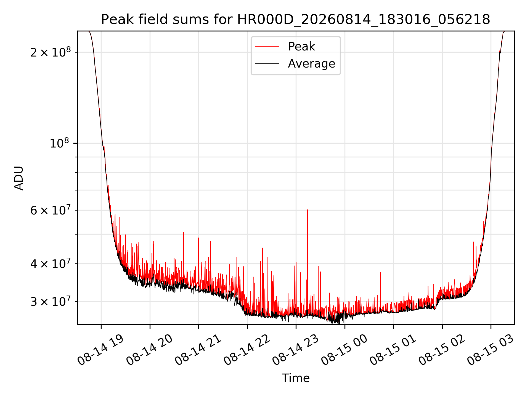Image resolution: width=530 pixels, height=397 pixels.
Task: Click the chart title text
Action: (296, 20)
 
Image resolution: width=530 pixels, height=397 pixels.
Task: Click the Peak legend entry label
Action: (301, 46)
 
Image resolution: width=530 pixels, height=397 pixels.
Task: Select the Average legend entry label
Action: (311, 64)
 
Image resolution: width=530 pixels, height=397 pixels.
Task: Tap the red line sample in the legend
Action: (267, 47)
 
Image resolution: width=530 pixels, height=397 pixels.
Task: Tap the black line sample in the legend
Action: (267, 64)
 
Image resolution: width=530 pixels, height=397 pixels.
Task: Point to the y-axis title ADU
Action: (19, 178)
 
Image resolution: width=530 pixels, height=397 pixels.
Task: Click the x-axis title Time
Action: (296, 378)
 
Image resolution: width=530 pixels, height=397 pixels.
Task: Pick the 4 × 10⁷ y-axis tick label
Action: (51, 263)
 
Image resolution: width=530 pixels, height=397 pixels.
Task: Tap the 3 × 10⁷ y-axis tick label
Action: (51, 301)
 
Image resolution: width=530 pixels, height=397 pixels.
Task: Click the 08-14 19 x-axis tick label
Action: (100, 350)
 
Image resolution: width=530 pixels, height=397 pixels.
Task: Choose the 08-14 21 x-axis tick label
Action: (198, 350)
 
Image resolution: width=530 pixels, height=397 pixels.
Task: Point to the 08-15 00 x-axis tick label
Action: (344, 350)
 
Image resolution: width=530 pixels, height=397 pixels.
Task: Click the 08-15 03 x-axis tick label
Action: (491, 350)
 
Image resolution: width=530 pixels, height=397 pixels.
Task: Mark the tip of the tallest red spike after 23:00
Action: (308, 210)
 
